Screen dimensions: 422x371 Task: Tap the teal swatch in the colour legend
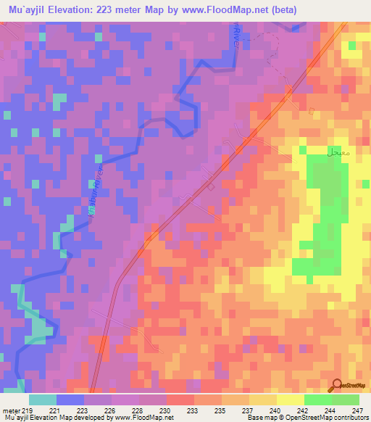pos(43,400)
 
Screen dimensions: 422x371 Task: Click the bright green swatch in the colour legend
pos(318,400)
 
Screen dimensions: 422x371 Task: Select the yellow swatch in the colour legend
pos(290,400)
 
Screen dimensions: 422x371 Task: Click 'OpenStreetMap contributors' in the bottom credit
pos(330,418)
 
